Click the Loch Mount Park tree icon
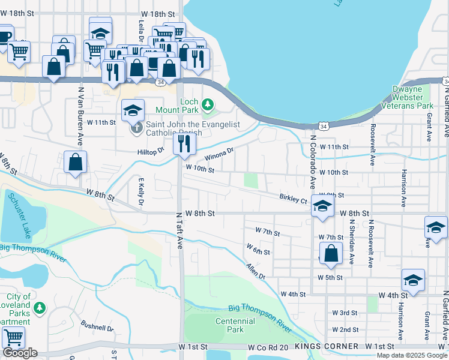coord(208,105)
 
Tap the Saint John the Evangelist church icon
coord(137,128)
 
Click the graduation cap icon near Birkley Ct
coord(322,207)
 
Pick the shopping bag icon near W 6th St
coord(331,253)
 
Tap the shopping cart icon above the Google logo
coord(13,337)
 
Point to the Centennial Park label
coord(231,325)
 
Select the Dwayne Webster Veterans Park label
coord(412,97)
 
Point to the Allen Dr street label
coord(255,270)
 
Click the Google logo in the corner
coord(20,353)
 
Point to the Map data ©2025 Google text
coord(411,355)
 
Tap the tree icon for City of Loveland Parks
coord(40,308)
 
